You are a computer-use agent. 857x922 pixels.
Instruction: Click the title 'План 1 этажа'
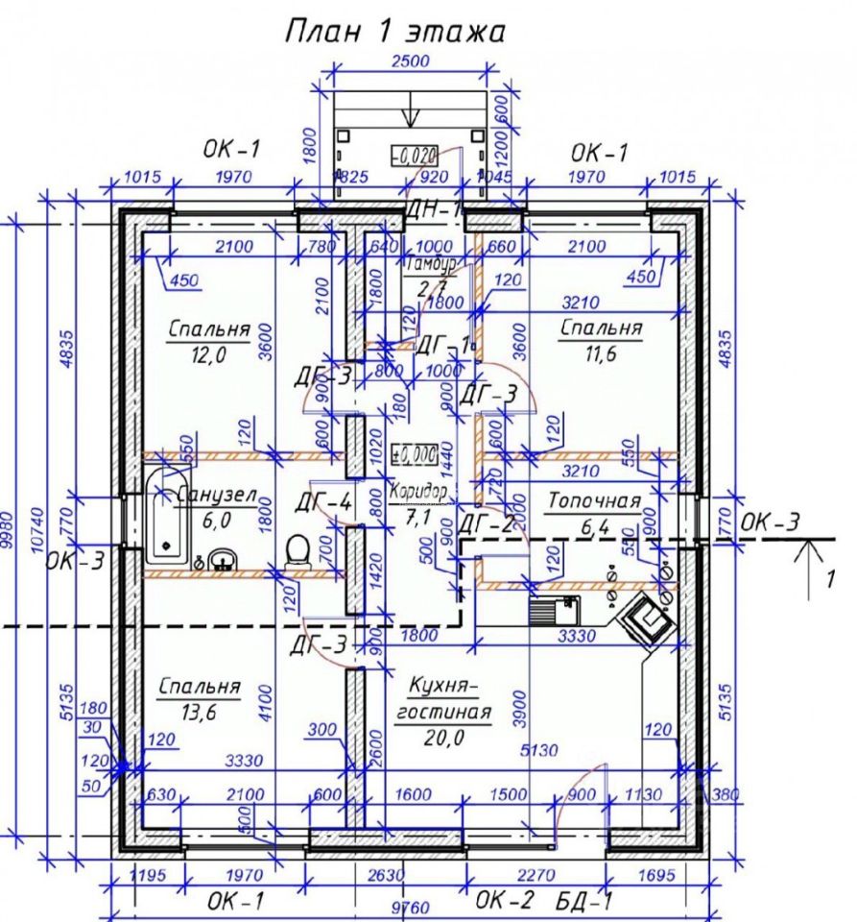coord(394,31)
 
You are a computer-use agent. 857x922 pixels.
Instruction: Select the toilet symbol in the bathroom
coord(298,550)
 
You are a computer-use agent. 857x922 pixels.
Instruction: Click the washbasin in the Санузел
coord(225,559)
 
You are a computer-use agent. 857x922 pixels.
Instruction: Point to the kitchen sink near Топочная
coord(554,607)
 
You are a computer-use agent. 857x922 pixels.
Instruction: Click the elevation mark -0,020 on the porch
coord(415,155)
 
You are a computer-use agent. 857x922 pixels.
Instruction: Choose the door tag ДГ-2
coord(487,524)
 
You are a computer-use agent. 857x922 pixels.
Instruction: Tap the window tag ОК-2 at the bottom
coord(504,900)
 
